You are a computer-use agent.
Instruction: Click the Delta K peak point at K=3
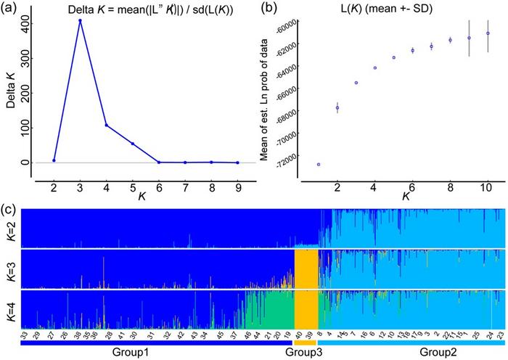(x=80, y=20)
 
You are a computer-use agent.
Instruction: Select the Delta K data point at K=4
(x=106, y=126)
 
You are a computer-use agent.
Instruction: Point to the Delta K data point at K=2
(x=54, y=160)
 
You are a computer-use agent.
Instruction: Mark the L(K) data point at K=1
(x=319, y=165)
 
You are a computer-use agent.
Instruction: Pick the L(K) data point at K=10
(x=488, y=33)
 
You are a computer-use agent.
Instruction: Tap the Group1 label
(x=131, y=352)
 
